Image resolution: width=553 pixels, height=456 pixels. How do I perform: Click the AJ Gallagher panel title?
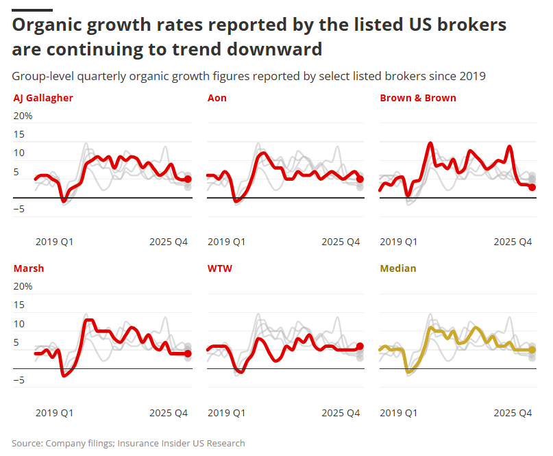tap(43, 98)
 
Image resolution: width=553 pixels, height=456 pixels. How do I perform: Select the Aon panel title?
tap(217, 98)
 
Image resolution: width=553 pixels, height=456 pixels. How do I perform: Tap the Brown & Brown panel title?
tap(417, 98)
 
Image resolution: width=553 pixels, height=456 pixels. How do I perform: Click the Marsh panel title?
tap(28, 268)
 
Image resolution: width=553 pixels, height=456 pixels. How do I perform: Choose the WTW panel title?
tap(219, 268)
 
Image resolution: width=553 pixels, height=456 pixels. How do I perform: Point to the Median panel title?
tap(397, 268)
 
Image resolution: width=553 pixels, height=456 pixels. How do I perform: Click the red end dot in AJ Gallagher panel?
tap(188, 179)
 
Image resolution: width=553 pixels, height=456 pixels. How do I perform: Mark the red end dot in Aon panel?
tap(360, 179)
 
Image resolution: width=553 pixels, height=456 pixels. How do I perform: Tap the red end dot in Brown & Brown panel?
tap(532, 187)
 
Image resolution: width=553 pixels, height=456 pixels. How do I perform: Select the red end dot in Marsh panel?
tap(188, 353)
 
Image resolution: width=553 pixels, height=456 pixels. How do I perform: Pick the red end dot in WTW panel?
tap(360, 346)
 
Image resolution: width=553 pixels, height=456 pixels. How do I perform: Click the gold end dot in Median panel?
tap(532, 350)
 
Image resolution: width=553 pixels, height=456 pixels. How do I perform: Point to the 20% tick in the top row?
tap(23, 116)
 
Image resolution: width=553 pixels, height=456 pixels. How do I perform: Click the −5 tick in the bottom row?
tap(19, 380)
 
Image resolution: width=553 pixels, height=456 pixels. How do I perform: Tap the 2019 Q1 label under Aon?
tap(227, 242)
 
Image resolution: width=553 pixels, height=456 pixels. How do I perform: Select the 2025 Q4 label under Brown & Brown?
tap(513, 242)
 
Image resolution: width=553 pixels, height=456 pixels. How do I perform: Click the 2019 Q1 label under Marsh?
tap(54, 413)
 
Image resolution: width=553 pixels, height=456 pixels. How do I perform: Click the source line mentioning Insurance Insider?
tap(128, 443)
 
